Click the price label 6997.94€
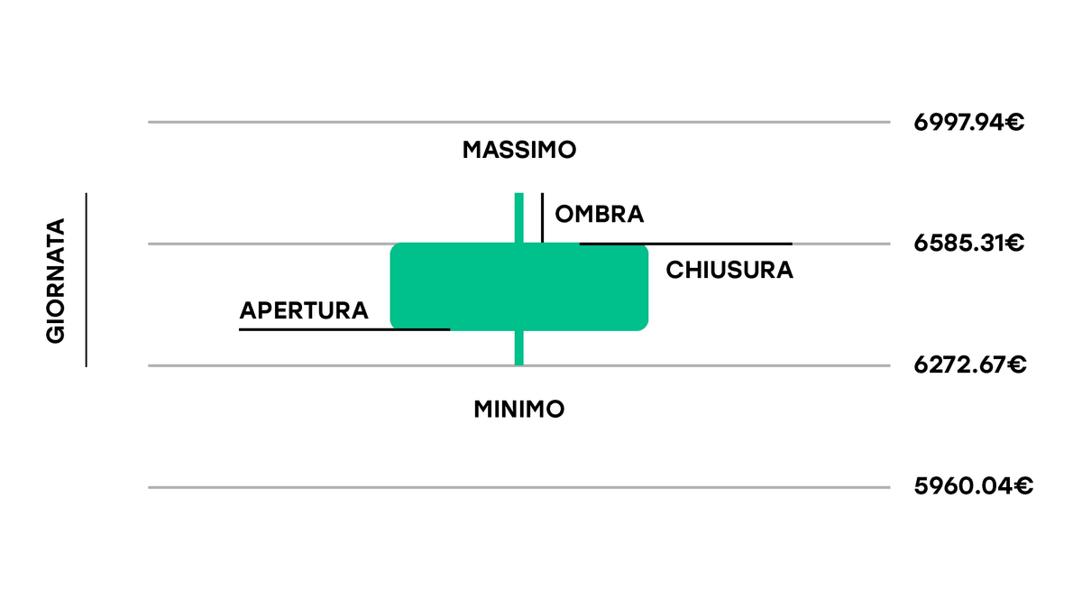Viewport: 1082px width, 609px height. pos(968,123)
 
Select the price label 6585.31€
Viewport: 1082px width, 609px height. pos(968,243)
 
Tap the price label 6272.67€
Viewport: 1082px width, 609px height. pos(970,364)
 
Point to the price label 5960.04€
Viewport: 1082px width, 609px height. pos(973,486)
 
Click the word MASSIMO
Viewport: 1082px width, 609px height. pos(519,150)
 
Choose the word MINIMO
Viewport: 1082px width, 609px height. pos(519,410)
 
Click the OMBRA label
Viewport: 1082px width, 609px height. pos(600,214)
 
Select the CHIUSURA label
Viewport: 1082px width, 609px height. pos(729,270)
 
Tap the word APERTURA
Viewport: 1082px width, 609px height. pos(304,310)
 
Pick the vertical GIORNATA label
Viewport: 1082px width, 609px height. pos(56,281)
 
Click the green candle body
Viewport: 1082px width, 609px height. pos(519,287)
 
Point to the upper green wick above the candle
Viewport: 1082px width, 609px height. pos(519,218)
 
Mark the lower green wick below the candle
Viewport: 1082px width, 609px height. pos(519,348)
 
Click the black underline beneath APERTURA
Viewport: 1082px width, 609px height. pos(344,329)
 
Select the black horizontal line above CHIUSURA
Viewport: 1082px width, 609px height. pos(686,245)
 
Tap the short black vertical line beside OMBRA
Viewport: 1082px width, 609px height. pos(543,217)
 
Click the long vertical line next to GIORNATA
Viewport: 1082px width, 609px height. pos(87,280)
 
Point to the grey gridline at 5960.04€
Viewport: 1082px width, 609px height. pos(519,488)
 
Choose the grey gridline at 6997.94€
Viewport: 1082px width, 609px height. pos(519,123)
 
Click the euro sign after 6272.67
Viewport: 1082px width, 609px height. pos(1016,364)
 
